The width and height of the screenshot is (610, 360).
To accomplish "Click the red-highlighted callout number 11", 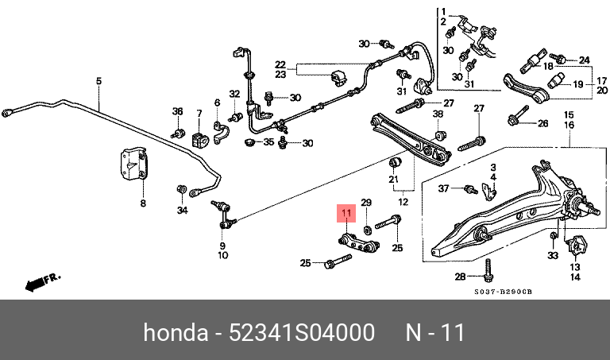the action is coord(346,213).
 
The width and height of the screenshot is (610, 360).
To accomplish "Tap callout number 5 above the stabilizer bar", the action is coord(98,81).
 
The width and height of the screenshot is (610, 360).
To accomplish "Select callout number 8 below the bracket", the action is coord(143,203).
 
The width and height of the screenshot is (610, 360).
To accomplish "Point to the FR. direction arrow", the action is coord(43,283).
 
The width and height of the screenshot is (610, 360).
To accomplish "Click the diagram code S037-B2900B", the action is coord(503,292).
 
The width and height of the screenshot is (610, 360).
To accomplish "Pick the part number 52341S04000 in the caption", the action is coord(302,333).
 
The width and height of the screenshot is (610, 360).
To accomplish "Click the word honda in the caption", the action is coord(176,333).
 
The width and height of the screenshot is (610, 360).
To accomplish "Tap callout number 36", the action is coord(177,111).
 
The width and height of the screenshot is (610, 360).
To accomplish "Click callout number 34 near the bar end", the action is coord(183,210).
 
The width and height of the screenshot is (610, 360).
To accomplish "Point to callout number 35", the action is coord(268,142).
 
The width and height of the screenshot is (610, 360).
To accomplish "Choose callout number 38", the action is coord(438,114).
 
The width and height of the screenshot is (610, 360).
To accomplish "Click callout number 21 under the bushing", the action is coord(394,179).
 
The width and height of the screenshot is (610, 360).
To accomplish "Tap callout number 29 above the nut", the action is coord(366,203).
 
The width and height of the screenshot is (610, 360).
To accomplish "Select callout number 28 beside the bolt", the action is coord(460,277).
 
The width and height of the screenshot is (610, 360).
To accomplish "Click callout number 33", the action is coord(553,255).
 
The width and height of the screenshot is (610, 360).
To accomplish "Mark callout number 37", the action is coord(443,188).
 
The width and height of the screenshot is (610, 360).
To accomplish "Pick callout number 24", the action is coord(585,60).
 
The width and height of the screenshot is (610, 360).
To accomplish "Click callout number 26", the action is coord(542,124).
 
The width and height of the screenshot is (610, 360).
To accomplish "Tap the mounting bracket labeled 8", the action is coord(133,164).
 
